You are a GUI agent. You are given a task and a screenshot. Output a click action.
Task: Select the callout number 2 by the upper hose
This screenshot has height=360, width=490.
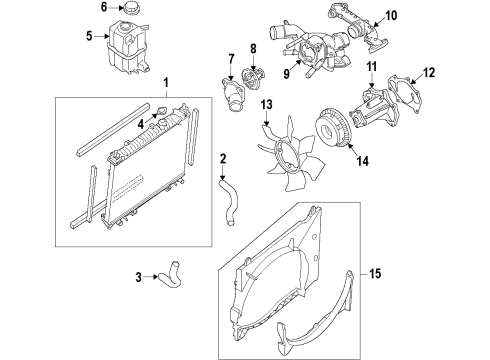pyautogui.click(x=223, y=157)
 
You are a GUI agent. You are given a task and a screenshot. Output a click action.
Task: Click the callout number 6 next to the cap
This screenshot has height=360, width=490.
pyautogui.click(x=104, y=9)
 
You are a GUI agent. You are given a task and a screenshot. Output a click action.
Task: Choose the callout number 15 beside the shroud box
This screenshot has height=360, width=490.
pyautogui.click(x=460, y=273)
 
